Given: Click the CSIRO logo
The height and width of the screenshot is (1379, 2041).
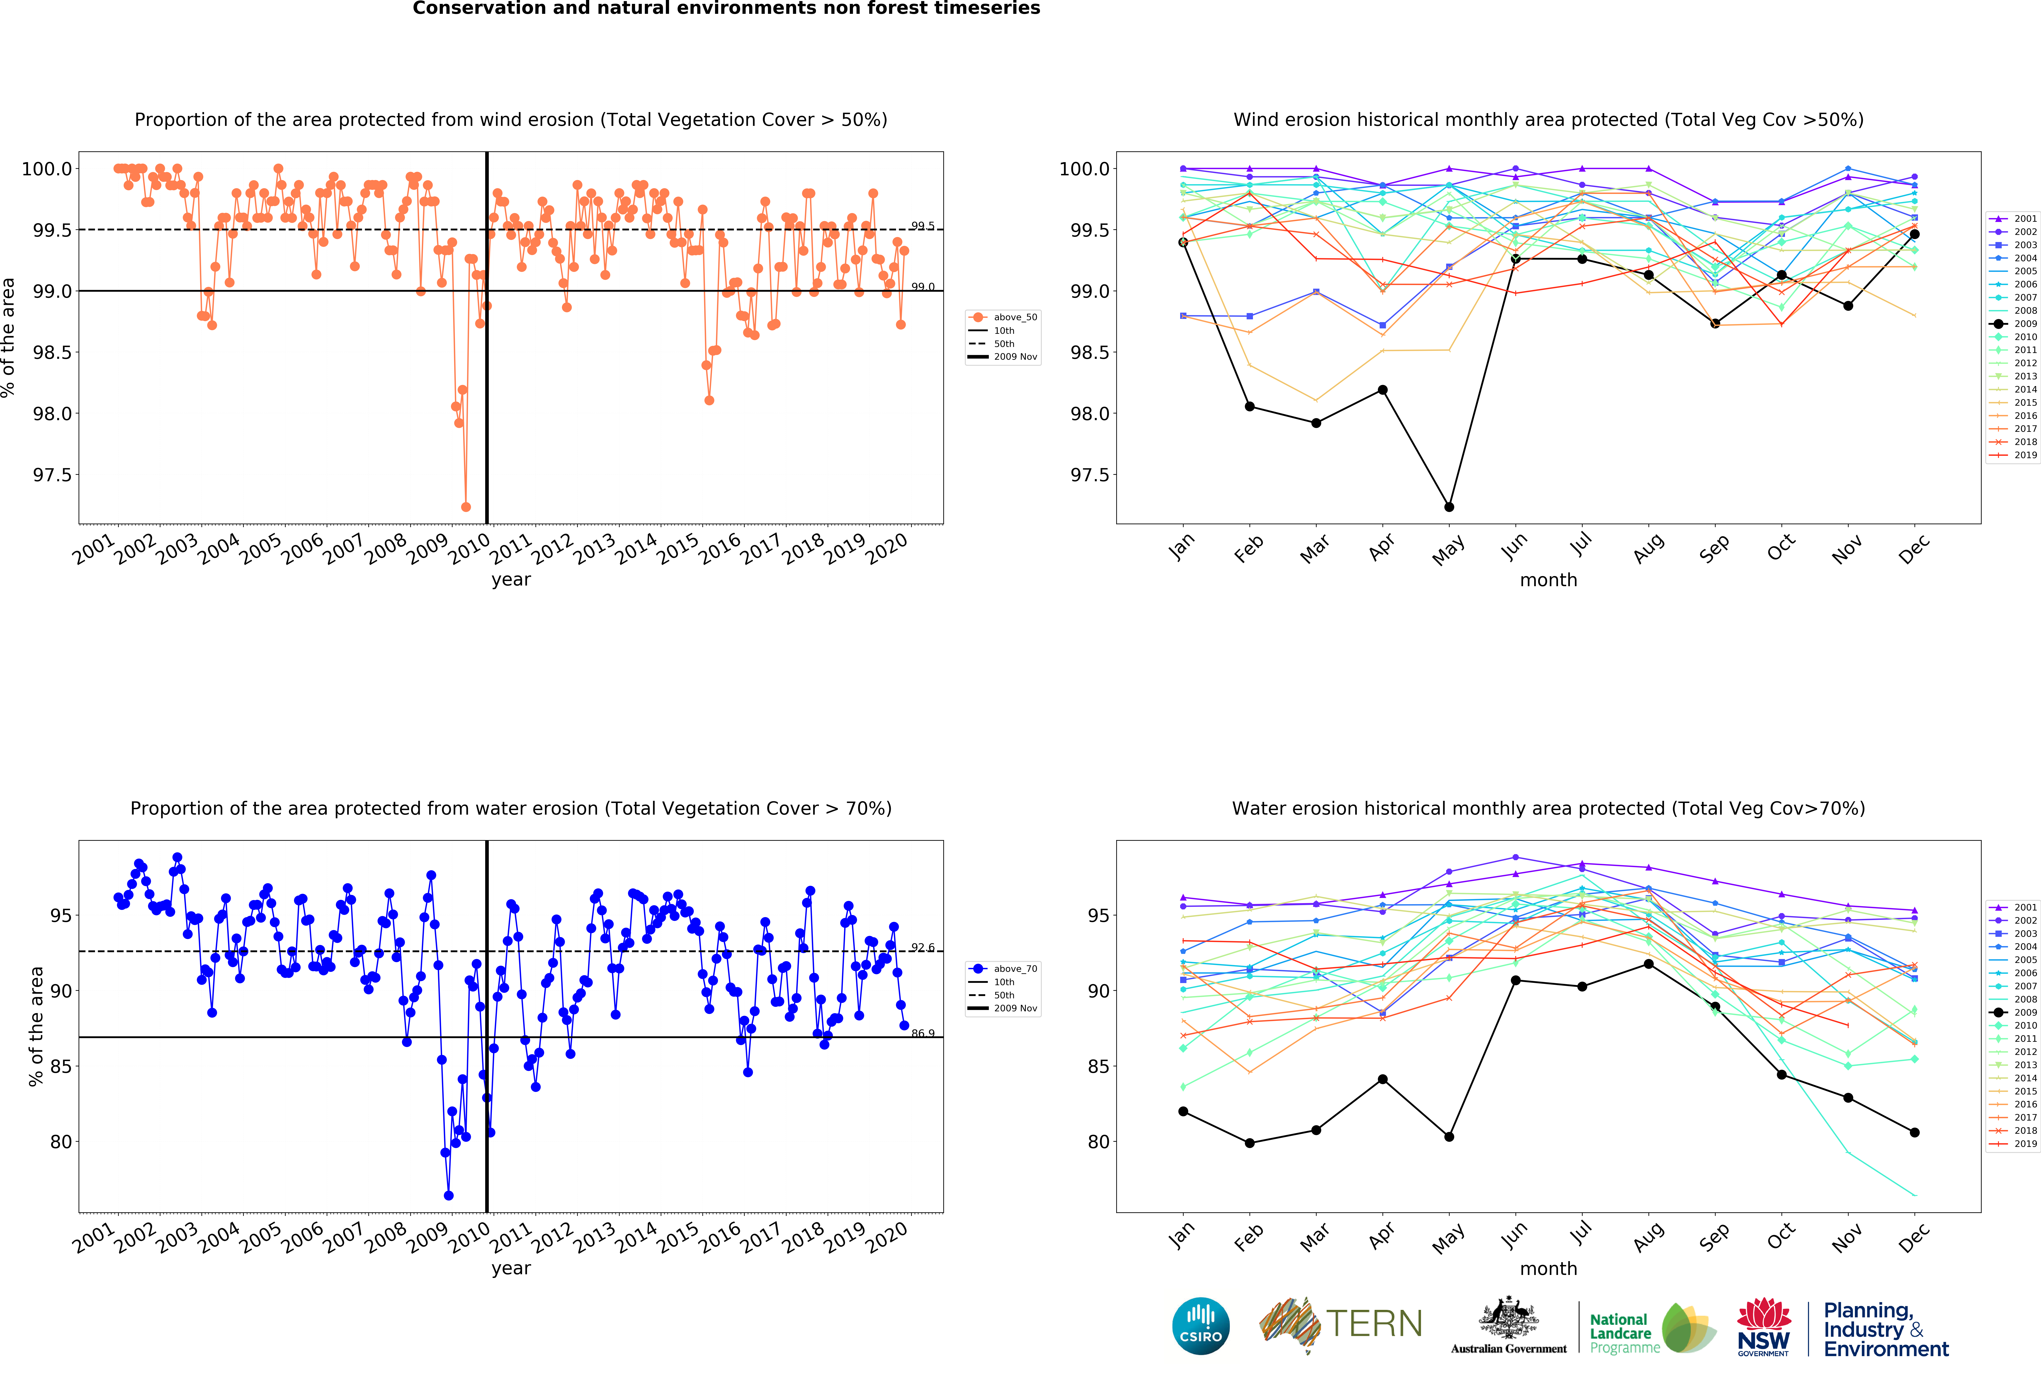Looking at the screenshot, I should (1200, 1325).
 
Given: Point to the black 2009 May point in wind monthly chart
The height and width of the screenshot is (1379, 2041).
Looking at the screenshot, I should (1449, 507).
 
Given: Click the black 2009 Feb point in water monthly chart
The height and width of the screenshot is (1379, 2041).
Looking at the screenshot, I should (1250, 1143).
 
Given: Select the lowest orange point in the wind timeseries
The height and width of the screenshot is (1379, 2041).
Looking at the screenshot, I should (466, 507).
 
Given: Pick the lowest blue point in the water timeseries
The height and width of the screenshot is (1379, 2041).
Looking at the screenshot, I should (449, 1195).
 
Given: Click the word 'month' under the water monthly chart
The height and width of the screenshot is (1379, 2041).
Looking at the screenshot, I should (1548, 1268).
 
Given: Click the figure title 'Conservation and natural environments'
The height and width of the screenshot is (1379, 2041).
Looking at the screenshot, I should (726, 9).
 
